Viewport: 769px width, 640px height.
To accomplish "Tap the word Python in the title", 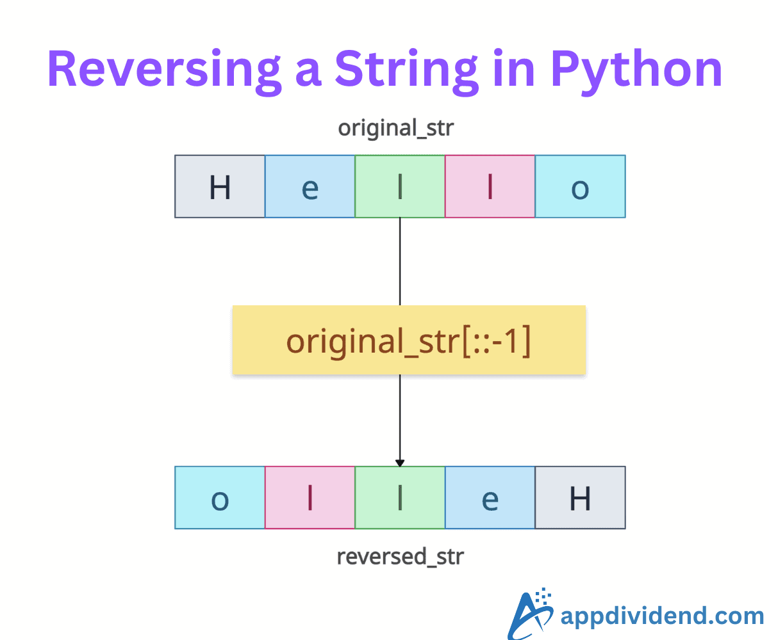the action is [636, 70].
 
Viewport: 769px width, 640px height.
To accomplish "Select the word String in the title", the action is [406, 70].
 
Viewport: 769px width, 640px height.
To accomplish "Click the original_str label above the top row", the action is [396, 128].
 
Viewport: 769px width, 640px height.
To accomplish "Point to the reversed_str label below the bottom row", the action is [401, 557].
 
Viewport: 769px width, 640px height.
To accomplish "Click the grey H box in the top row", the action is [220, 186].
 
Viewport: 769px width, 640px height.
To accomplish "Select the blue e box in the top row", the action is [310, 186].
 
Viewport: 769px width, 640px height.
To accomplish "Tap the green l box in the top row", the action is [400, 186].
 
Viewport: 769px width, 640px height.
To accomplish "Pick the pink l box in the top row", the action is [490, 186].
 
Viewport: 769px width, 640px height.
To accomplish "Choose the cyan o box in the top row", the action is [581, 186].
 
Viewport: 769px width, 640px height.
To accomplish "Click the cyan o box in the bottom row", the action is [220, 498].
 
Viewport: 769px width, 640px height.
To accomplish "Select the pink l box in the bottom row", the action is [310, 498].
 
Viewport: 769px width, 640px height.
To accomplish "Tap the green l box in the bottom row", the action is [400, 498].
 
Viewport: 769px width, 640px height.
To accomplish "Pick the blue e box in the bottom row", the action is [490, 498].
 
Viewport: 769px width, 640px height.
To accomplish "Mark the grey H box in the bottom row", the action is [581, 498].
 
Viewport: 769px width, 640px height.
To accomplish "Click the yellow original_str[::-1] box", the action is [409, 340].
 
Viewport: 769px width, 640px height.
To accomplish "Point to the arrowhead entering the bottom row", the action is [400, 463].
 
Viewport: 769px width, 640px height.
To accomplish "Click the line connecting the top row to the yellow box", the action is [400, 262].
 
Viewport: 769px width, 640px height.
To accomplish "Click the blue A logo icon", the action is [531, 614].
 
